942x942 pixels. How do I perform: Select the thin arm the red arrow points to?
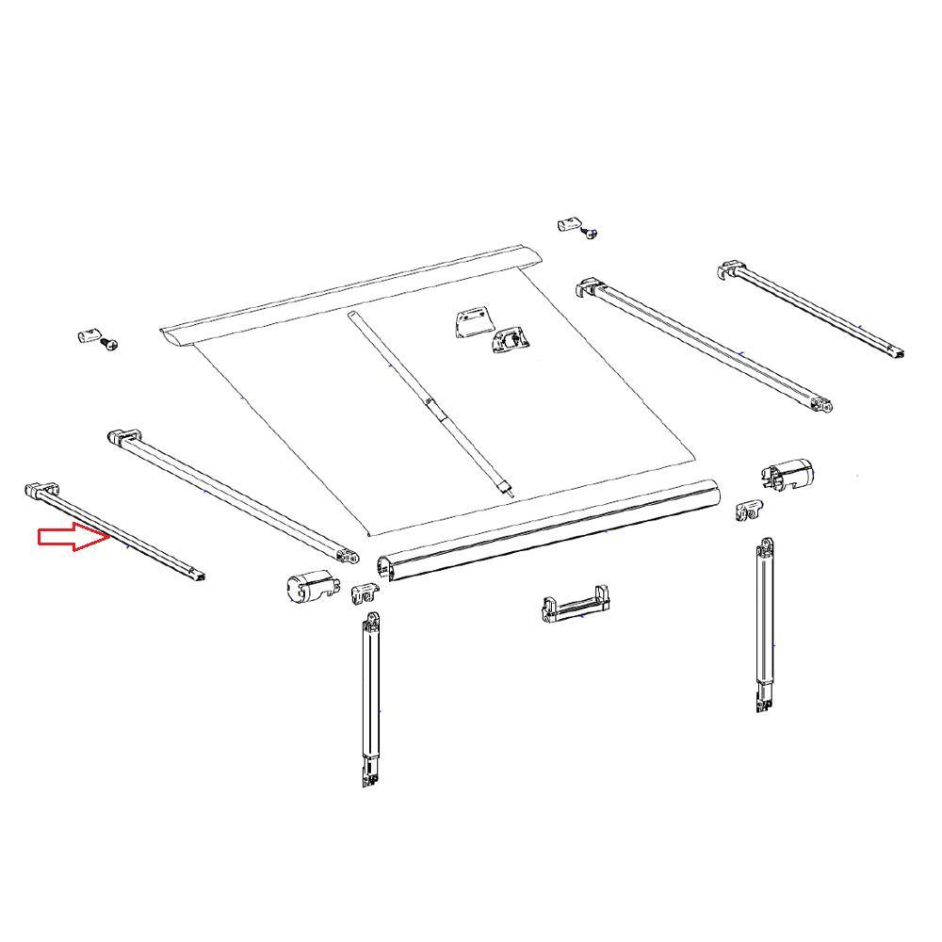tap(118, 532)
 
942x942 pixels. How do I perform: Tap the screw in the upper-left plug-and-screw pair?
tap(110, 345)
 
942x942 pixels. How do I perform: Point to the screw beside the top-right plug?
tap(591, 232)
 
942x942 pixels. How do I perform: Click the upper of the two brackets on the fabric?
tap(471, 323)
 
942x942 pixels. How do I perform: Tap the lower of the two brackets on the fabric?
tap(509, 341)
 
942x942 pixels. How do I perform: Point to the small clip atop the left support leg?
tap(364, 594)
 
